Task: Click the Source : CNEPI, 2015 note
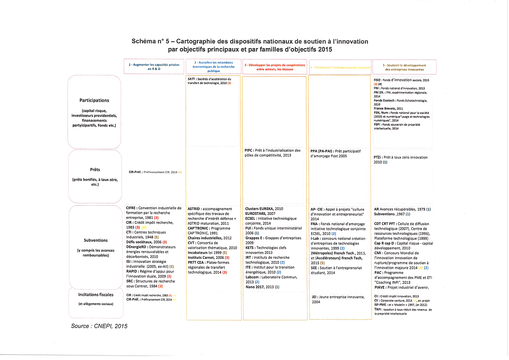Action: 99,326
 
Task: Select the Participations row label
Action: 94,100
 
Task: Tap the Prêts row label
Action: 95,170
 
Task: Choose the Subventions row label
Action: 96,240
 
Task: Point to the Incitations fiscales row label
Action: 96,295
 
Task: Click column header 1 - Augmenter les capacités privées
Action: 154,67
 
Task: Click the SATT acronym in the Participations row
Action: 191,79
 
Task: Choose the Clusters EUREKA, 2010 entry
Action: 264,208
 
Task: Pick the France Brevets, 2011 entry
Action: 388,108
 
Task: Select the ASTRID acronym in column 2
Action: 196,209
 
